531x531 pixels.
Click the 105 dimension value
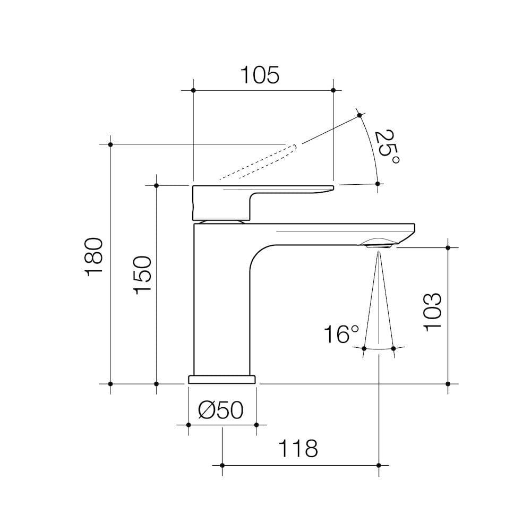[x=260, y=75]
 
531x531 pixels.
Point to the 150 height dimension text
[x=143, y=273]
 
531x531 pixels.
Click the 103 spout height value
[x=433, y=311]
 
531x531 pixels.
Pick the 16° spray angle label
[x=341, y=335]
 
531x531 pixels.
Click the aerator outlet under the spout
[x=378, y=244]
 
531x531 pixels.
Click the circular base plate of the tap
[x=222, y=379]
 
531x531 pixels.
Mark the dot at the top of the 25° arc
[x=359, y=115]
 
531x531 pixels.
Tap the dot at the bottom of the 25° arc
[x=378, y=184]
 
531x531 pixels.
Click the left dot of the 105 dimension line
[x=193, y=90]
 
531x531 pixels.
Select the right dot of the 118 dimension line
[x=378, y=465]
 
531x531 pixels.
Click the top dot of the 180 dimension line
[x=110, y=144]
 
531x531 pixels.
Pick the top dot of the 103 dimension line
[x=448, y=247]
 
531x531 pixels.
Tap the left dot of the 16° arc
[x=364, y=348]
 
